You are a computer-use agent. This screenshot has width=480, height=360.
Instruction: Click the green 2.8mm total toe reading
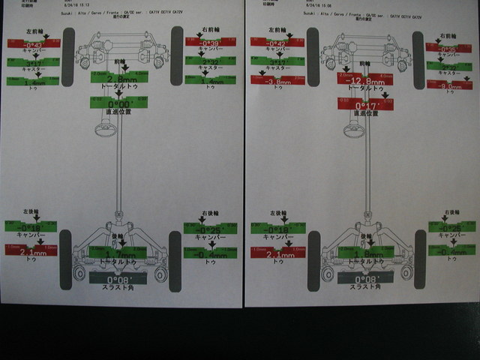click(x=118, y=77)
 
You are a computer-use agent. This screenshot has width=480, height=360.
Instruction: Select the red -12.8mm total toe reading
click(x=365, y=80)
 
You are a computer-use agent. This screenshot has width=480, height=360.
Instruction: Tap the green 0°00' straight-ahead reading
click(x=118, y=102)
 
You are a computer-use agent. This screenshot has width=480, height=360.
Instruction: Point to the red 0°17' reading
click(x=365, y=104)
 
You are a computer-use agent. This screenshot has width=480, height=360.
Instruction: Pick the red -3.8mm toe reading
click(x=277, y=80)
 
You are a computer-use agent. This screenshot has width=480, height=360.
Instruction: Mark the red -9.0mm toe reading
click(x=449, y=85)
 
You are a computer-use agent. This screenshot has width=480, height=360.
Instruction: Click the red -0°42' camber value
click(x=277, y=43)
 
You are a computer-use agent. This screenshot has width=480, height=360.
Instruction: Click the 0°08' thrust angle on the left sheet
click(x=118, y=278)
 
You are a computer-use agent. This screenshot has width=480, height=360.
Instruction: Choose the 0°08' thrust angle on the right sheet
click(x=366, y=278)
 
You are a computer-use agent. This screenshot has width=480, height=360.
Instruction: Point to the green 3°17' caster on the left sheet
click(x=33, y=62)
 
